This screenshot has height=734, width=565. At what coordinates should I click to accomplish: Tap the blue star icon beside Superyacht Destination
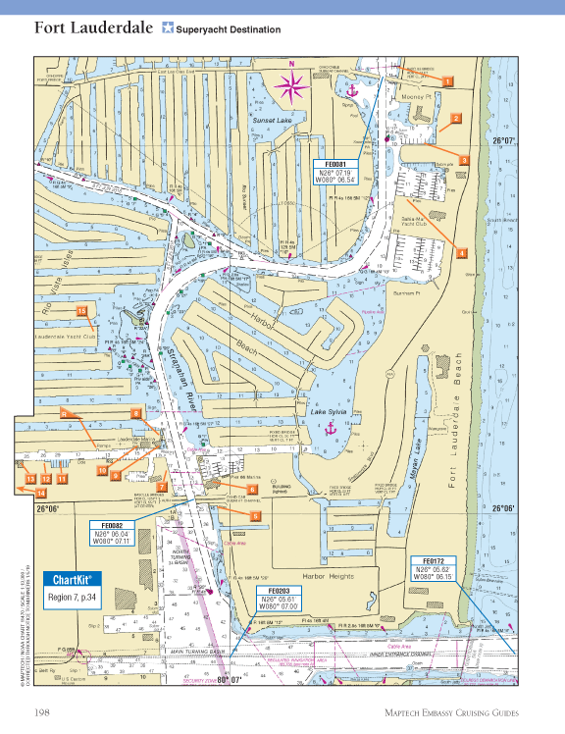pos(168,28)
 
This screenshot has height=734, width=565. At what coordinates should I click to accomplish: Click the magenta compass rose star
pos(292,85)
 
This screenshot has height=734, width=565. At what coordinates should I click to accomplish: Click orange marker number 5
pos(255,515)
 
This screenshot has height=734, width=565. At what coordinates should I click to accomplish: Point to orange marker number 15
pos(82,312)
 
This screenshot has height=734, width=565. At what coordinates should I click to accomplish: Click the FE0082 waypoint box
pos(110,531)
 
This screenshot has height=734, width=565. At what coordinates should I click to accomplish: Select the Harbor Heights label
pos(327,575)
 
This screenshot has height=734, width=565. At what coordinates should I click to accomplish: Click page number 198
pos(43,711)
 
